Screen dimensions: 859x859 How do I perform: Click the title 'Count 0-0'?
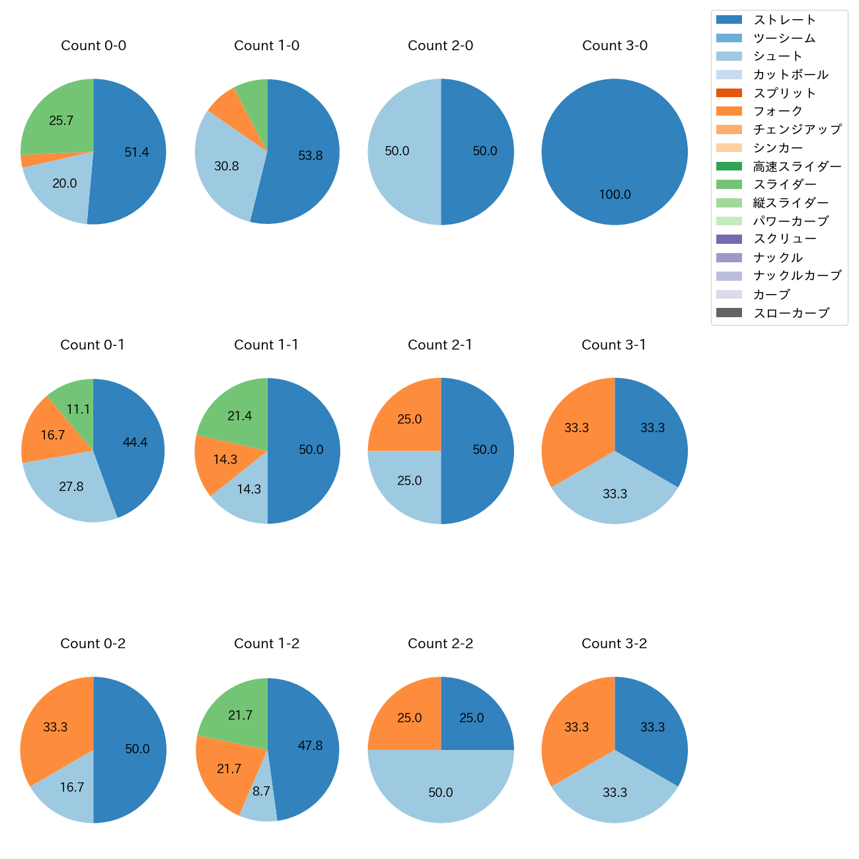[x=93, y=46]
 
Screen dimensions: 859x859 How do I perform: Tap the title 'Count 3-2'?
[x=614, y=644]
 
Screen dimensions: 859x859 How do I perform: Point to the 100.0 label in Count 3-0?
[x=615, y=195]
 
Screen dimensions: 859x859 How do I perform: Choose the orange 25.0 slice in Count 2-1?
[x=408, y=420]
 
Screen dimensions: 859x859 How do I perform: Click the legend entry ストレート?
[x=784, y=20]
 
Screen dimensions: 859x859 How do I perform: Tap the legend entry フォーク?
[x=778, y=111]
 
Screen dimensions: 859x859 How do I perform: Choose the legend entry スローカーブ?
[x=791, y=313]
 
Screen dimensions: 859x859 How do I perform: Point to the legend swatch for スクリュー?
[x=729, y=239]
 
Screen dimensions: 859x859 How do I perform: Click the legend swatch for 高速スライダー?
[x=729, y=166]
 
